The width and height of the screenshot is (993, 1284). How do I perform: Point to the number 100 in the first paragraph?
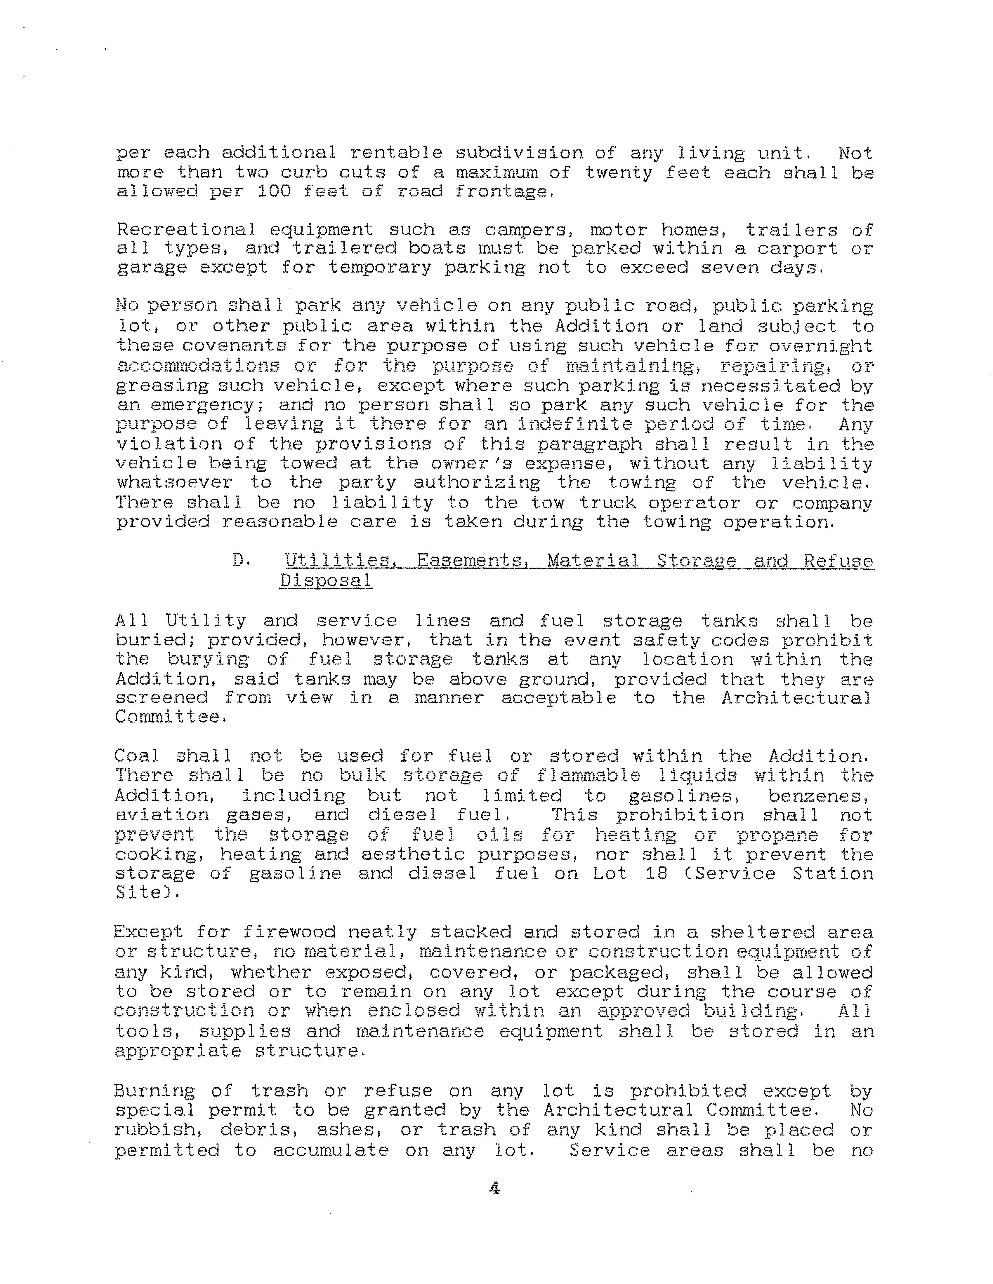tap(275, 192)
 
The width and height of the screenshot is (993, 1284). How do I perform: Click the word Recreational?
tap(186, 230)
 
